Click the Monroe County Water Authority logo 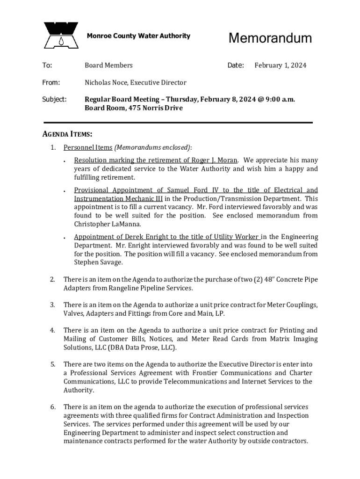[61, 36]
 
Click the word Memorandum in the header [270, 38]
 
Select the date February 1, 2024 [280, 65]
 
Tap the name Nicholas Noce [106, 83]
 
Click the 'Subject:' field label [54, 99]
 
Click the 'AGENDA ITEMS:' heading [67, 134]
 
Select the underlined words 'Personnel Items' [88, 148]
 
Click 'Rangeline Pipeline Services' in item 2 [149, 288]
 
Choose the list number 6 [53, 407]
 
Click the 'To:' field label [47, 65]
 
